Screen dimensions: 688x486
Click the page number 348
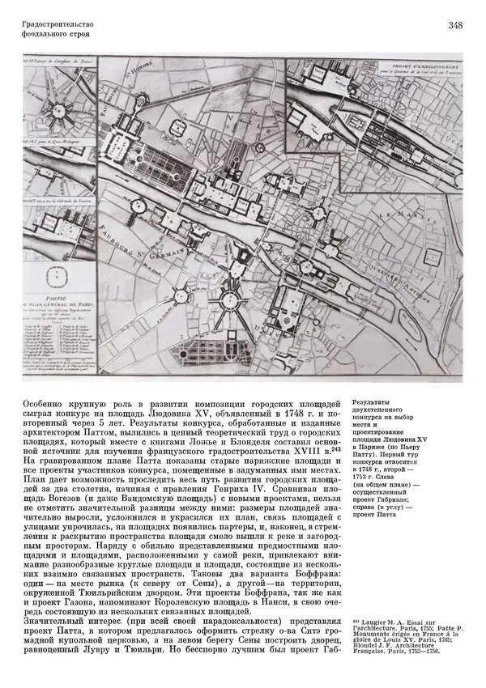point(454,26)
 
